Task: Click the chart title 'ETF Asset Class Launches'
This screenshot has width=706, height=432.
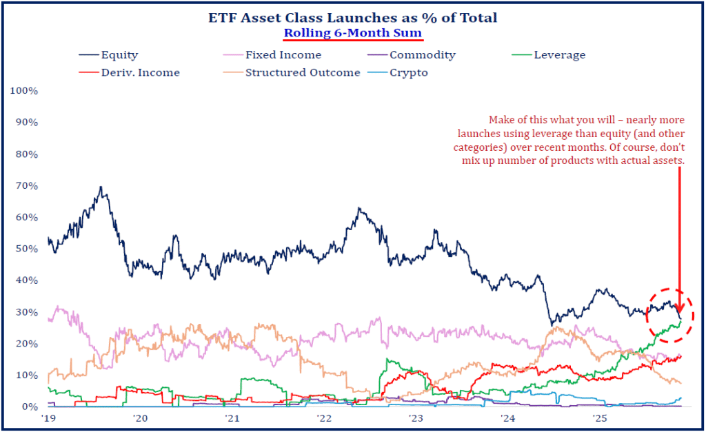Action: pyautogui.click(x=352, y=18)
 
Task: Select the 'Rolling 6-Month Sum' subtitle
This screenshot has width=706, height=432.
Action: pyautogui.click(x=354, y=32)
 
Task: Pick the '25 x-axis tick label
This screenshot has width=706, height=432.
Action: pyautogui.click(x=599, y=418)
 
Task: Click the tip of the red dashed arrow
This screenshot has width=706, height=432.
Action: pyautogui.click(x=680, y=313)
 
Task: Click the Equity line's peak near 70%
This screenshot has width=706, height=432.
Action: pyautogui.click(x=101, y=187)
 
